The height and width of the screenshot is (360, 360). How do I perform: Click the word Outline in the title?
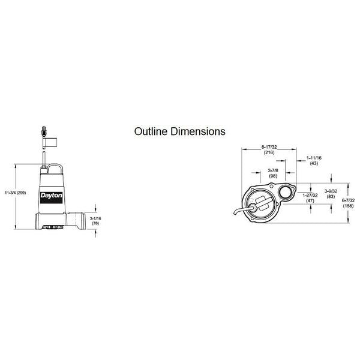tap(149, 131)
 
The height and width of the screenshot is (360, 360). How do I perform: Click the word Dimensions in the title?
tap(196, 131)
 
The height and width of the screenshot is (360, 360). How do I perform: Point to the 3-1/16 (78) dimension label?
tap(95, 221)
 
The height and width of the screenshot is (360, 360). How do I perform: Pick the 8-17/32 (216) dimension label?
tap(269, 149)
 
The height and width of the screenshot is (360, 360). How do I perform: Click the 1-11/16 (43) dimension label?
tap(314, 161)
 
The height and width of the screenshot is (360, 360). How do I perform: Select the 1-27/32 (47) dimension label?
tap(310, 197)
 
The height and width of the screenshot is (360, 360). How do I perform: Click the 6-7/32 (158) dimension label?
tap(348, 203)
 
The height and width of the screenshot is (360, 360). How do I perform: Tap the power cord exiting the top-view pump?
tap(245, 211)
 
